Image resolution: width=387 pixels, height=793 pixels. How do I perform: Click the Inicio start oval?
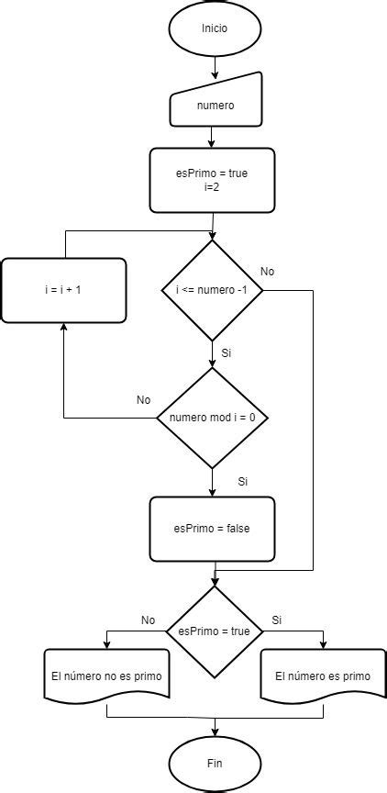point(215,28)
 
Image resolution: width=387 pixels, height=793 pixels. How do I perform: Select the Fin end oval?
point(215,763)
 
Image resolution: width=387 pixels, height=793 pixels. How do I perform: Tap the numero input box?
point(216,105)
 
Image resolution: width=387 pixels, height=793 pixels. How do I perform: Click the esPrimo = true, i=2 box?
point(212,179)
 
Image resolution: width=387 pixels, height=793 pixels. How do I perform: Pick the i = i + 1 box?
point(63,290)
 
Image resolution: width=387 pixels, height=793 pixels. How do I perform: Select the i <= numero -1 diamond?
point(213,291)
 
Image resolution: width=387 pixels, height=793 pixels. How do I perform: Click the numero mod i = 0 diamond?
point(212,419)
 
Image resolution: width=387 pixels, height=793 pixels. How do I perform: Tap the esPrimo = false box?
point(212,529)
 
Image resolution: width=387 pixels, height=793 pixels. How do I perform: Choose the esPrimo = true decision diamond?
point(214,631)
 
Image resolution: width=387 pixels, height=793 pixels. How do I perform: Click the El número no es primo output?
point(106,676)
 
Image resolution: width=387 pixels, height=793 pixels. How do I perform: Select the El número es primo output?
point(323,676)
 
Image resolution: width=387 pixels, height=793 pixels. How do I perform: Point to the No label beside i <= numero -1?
point(267,272)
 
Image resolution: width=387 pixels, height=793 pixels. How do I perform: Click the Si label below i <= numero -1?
point(227,352)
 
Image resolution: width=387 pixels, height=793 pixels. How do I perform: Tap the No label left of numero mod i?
point(143,400)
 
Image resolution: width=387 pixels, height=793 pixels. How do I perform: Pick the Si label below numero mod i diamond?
point(243,481)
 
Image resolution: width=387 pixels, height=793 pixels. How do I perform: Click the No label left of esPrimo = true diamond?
point(148,620)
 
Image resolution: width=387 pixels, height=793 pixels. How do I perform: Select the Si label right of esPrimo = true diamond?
point(276,620)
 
